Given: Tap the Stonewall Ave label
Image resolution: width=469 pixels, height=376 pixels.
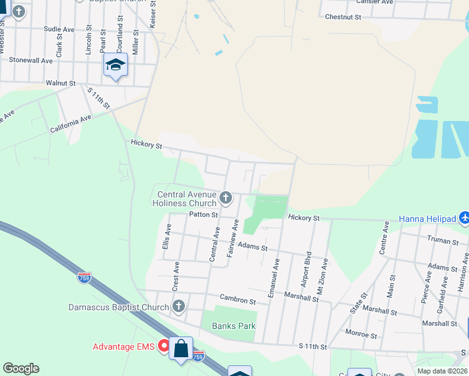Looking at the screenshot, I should click(31, 61).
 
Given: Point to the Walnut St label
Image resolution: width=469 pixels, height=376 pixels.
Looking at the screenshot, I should click(60, 83).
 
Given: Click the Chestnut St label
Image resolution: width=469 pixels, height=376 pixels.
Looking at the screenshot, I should click(343, 17).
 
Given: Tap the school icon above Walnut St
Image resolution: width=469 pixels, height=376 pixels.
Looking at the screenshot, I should click(115, 65).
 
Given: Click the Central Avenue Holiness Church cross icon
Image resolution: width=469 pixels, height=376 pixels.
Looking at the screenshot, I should click(226, 199).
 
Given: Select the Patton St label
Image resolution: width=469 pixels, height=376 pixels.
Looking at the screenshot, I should click(203, 214).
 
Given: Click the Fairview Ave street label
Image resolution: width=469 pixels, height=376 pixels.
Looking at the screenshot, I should click(231, 238).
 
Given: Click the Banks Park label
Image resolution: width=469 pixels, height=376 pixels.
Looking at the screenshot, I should click(234, 326).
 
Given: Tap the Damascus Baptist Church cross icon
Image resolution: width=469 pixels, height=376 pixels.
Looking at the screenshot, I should click(179, 307).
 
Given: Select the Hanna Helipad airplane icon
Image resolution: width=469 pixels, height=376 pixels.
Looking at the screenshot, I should click(463, 219).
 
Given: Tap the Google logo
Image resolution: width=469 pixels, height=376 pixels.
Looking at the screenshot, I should click(21, 368).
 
